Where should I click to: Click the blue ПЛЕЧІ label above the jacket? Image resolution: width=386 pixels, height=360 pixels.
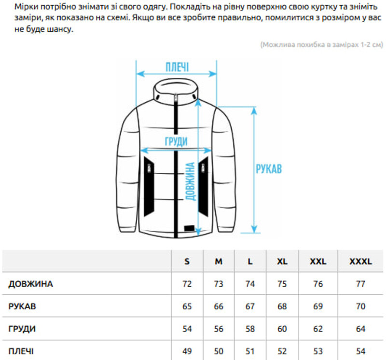coord(177,67)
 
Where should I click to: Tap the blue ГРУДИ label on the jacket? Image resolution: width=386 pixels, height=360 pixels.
coord(176,141)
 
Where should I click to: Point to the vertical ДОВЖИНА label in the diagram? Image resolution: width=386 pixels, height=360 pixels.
coord(190,181)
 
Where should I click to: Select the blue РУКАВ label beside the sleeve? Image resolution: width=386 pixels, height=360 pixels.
coord(269,169)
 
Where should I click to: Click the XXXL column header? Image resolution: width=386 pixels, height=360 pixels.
coord(360,261)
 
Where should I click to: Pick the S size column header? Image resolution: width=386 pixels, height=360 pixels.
coord(187,261)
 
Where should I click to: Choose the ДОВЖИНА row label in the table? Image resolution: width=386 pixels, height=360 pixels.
coord(30,284)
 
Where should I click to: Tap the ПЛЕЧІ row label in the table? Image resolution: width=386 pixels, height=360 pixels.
coord(21,351)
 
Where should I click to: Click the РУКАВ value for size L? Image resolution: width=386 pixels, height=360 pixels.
coord(250,306)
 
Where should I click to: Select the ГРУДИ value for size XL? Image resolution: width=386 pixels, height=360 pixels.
coord(282,329)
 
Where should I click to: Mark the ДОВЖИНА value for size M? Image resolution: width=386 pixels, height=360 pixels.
coord(219,284)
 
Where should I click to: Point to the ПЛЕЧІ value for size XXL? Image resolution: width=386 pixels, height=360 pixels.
coord(318,351)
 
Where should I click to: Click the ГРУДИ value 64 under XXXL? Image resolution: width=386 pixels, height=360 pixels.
coord(360,329)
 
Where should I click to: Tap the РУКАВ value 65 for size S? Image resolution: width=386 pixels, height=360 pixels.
coord(187,306)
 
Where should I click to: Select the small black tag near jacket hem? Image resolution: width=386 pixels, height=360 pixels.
coord(189,229)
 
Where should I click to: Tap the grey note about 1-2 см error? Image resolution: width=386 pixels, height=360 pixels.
coord(322,44)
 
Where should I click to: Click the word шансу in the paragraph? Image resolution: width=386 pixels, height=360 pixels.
coord(62,29)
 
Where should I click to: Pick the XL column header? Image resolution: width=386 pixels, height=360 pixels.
coord(282,261)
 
